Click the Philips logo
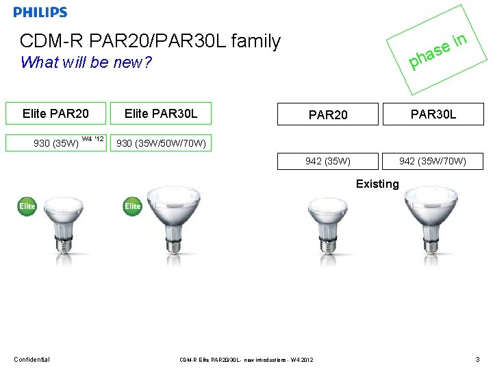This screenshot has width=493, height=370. pyautogui.click(x=40, y=12)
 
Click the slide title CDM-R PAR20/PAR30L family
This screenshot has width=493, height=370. pyautogui.click(x=150, y=42)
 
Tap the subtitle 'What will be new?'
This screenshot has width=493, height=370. pyautogui.click(x=86, y=63)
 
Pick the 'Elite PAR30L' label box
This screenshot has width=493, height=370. pyautogui.click(x=161, y=113)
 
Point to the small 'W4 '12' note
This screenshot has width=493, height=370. pyautogui.click(x=92, y=140)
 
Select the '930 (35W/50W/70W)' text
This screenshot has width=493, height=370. pyautogui.click(x=161, y=143)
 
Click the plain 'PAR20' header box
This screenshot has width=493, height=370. pyautogui.click(x=327, y=114)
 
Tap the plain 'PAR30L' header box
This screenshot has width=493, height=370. pyautogui.click(x=433, y=114)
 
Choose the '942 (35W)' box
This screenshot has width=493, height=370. pyautogui.click(x=327, y=161)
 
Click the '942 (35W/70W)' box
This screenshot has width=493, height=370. pyautogui.click(x=433, y=161)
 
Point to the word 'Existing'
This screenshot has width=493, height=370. pyautogui.click(x=377, y=184)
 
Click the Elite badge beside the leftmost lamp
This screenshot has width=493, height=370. pyautogui.click(x=27, y=206)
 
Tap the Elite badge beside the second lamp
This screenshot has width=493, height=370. pyautogui.click(x=133, y=206)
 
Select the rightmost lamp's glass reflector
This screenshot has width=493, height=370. pyautogui.click(x=433, y=209)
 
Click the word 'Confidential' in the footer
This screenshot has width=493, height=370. pyautogui.click(x=31, y=359)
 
